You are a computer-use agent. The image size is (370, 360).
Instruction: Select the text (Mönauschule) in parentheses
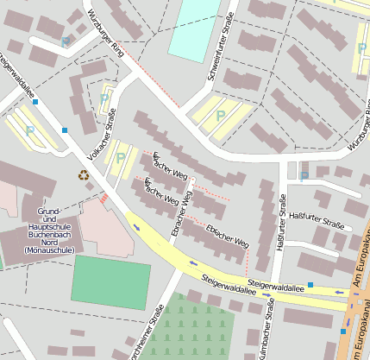click(50, 250)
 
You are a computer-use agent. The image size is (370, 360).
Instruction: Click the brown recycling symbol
click(84, 175)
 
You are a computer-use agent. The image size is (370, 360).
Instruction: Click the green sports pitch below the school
click(110, 281)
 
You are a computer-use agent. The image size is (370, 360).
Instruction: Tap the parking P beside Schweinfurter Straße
click(220, 115)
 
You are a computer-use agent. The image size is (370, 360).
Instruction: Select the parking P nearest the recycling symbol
click(121, 157)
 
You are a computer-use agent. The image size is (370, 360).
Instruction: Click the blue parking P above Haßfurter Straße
click(304, 176)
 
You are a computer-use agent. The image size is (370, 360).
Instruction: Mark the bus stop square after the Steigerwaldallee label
click(310, 284)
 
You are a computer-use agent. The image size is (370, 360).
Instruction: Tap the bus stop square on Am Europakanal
click(343, 330)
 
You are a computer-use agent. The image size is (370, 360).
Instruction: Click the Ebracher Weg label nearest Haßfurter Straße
click(227, 236)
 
